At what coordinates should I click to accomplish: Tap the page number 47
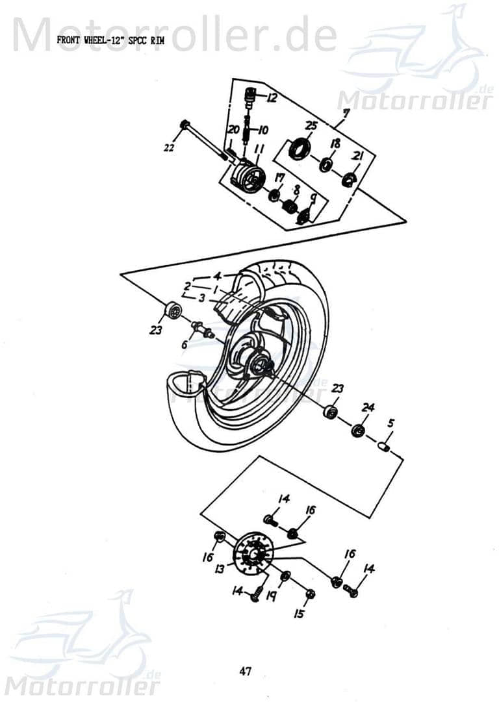(x=246, y=671)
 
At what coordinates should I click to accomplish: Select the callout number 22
(x=169, y=148)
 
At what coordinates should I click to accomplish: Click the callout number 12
(x=271, y=98)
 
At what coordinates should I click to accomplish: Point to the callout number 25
(x=311, y=126)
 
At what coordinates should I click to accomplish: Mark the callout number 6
(x=185, y=345)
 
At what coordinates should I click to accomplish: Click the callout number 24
(x=368, y=408)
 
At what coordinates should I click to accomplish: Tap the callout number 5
(x=390, y=423)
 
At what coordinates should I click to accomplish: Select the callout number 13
(x=220, y=569)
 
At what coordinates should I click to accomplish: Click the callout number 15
(x=298, y=613)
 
